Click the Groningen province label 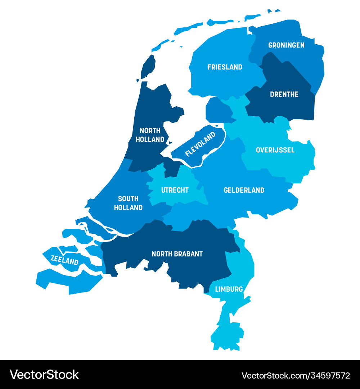286,45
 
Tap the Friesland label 225,67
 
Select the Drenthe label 284,94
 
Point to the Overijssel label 275,150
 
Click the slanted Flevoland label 200,144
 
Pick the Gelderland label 244,190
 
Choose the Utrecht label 175,190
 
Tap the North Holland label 150,135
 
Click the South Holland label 128,203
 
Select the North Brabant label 177,254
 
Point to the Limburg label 229,289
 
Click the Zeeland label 64,260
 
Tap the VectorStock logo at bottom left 44,375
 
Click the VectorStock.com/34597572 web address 296,375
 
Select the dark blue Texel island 148,66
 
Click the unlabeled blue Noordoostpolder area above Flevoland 218,110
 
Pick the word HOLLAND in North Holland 150,139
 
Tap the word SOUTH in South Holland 128,199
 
